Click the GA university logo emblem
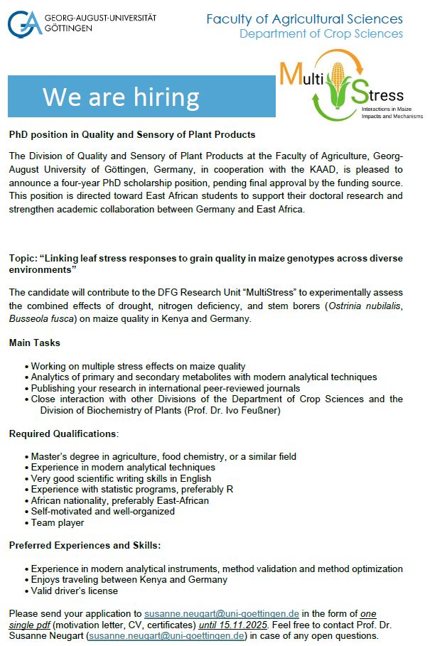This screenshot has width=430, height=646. pyautogui.click(x=25, y=23)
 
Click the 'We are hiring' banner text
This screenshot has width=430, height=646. pyautogui.click(x=121, y=97)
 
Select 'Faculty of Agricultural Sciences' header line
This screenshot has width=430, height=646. pyautogui.click(x=304, y=19)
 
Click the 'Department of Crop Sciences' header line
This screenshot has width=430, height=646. pyautogui.click(x=321, y=33)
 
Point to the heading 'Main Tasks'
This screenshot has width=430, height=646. pyautogui.click(x=34, y=343)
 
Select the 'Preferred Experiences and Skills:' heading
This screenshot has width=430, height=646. pyautogui.click(x=84, y=546)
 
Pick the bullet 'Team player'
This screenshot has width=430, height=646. pyautogui.click(x=58, y=523)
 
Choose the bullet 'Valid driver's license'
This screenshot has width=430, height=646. pyautogui.click(x=75, y=591)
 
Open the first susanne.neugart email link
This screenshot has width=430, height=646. pyautogui.click(x=222, y=613)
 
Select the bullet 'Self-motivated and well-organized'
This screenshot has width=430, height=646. pyautogui.click(x=103, y=512)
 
